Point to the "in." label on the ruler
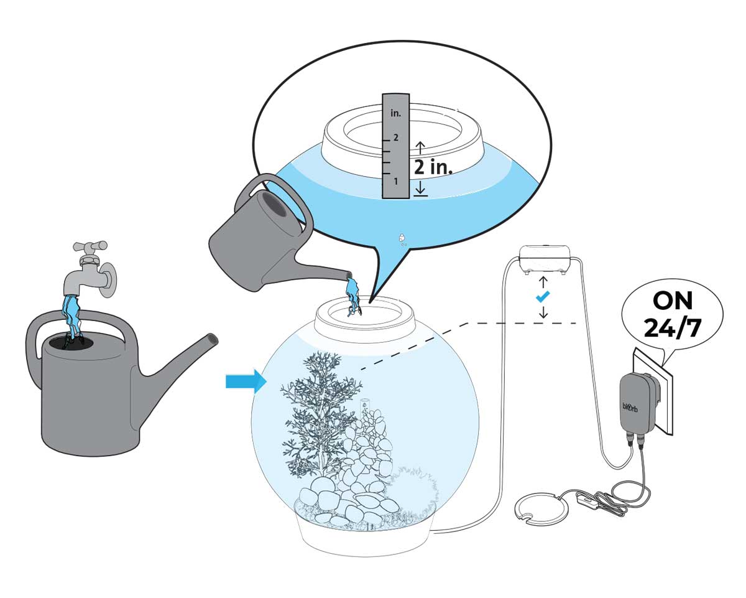395,114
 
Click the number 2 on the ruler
395,138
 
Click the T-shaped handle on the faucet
90,246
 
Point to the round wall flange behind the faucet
109,277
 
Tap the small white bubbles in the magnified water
402,239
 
